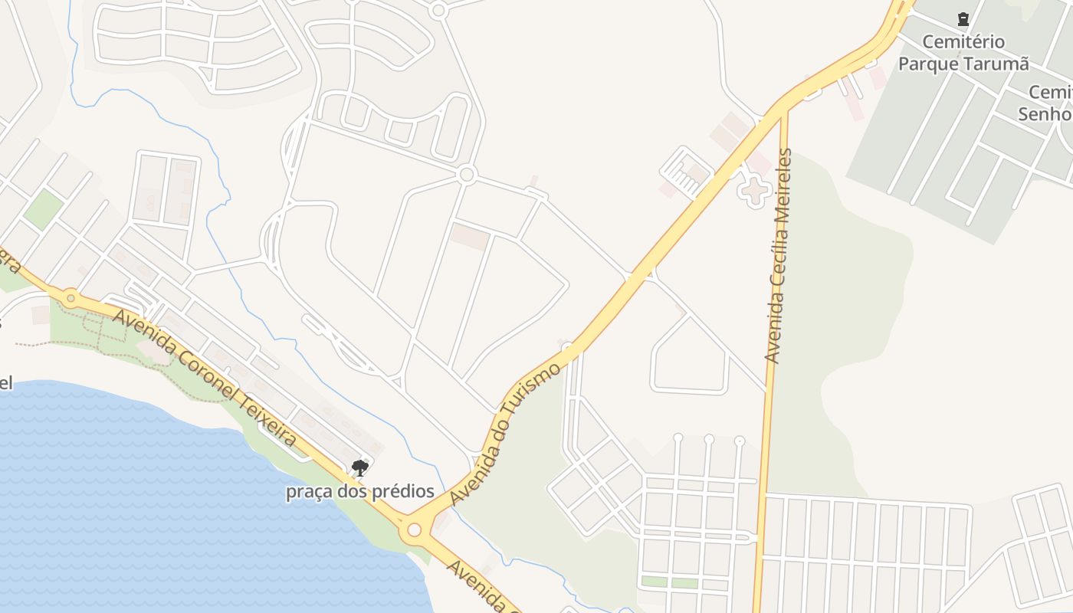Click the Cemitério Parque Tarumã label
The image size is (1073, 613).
click(x=963, y=52)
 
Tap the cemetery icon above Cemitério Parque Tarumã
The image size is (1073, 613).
click(x=963, y=19)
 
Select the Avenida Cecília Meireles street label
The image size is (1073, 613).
click(x=778, y=256)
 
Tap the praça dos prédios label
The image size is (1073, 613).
click(x=360, y=492)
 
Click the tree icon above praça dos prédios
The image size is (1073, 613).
click(x=359, y=467)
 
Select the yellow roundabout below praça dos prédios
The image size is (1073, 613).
click(x=415, y=529)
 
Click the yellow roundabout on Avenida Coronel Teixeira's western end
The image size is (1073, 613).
click(x=71, y=297)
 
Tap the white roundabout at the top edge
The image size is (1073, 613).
click(x=438, y=11)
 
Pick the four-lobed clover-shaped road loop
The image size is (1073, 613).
click(x=754, y=191)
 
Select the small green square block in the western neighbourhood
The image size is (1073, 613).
click(x=43, y=209)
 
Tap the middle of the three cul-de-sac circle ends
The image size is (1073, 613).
click(x=709, y=441)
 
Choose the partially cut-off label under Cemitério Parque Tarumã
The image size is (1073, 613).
click(x=1047, y=103)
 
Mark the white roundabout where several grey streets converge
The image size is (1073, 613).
click(x=466, y=175)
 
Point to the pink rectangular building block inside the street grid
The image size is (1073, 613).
click(x=470, y=237)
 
